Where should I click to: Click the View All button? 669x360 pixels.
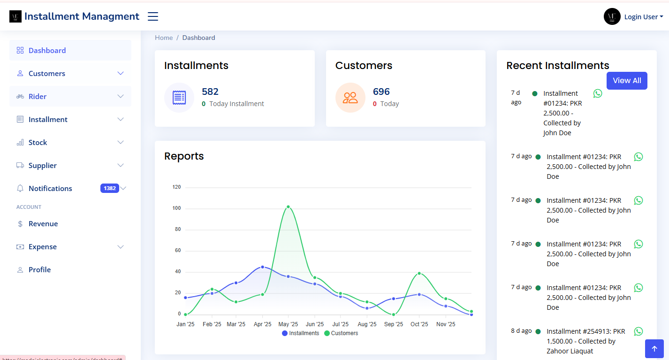click(626, 81)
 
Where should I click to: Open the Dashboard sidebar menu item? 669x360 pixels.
click(47, 51)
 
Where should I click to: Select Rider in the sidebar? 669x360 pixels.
click(38, 97)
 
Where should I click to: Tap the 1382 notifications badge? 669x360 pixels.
click(109, 188)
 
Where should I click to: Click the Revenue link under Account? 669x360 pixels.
click(43, 224)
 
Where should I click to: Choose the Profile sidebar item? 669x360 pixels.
click(39, 270)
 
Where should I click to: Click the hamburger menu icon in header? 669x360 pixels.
click(153, 16)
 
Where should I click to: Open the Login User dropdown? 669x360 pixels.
click(643, 17)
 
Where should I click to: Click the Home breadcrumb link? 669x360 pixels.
click(164, 38)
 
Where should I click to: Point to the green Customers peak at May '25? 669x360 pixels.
click(288, 207)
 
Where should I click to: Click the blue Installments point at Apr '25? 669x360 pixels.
click(262, 267)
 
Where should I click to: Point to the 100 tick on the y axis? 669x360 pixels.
click(176, 208)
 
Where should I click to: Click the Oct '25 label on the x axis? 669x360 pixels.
click(419, 324)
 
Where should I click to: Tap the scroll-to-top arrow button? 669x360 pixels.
click(654, 349)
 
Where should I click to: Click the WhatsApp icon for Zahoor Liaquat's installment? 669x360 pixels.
click(638, 331)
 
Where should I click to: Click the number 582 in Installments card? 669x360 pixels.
click(210, 92)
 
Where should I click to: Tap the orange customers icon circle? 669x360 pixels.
click(350, 98)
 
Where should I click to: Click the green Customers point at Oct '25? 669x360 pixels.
click(419, 273)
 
